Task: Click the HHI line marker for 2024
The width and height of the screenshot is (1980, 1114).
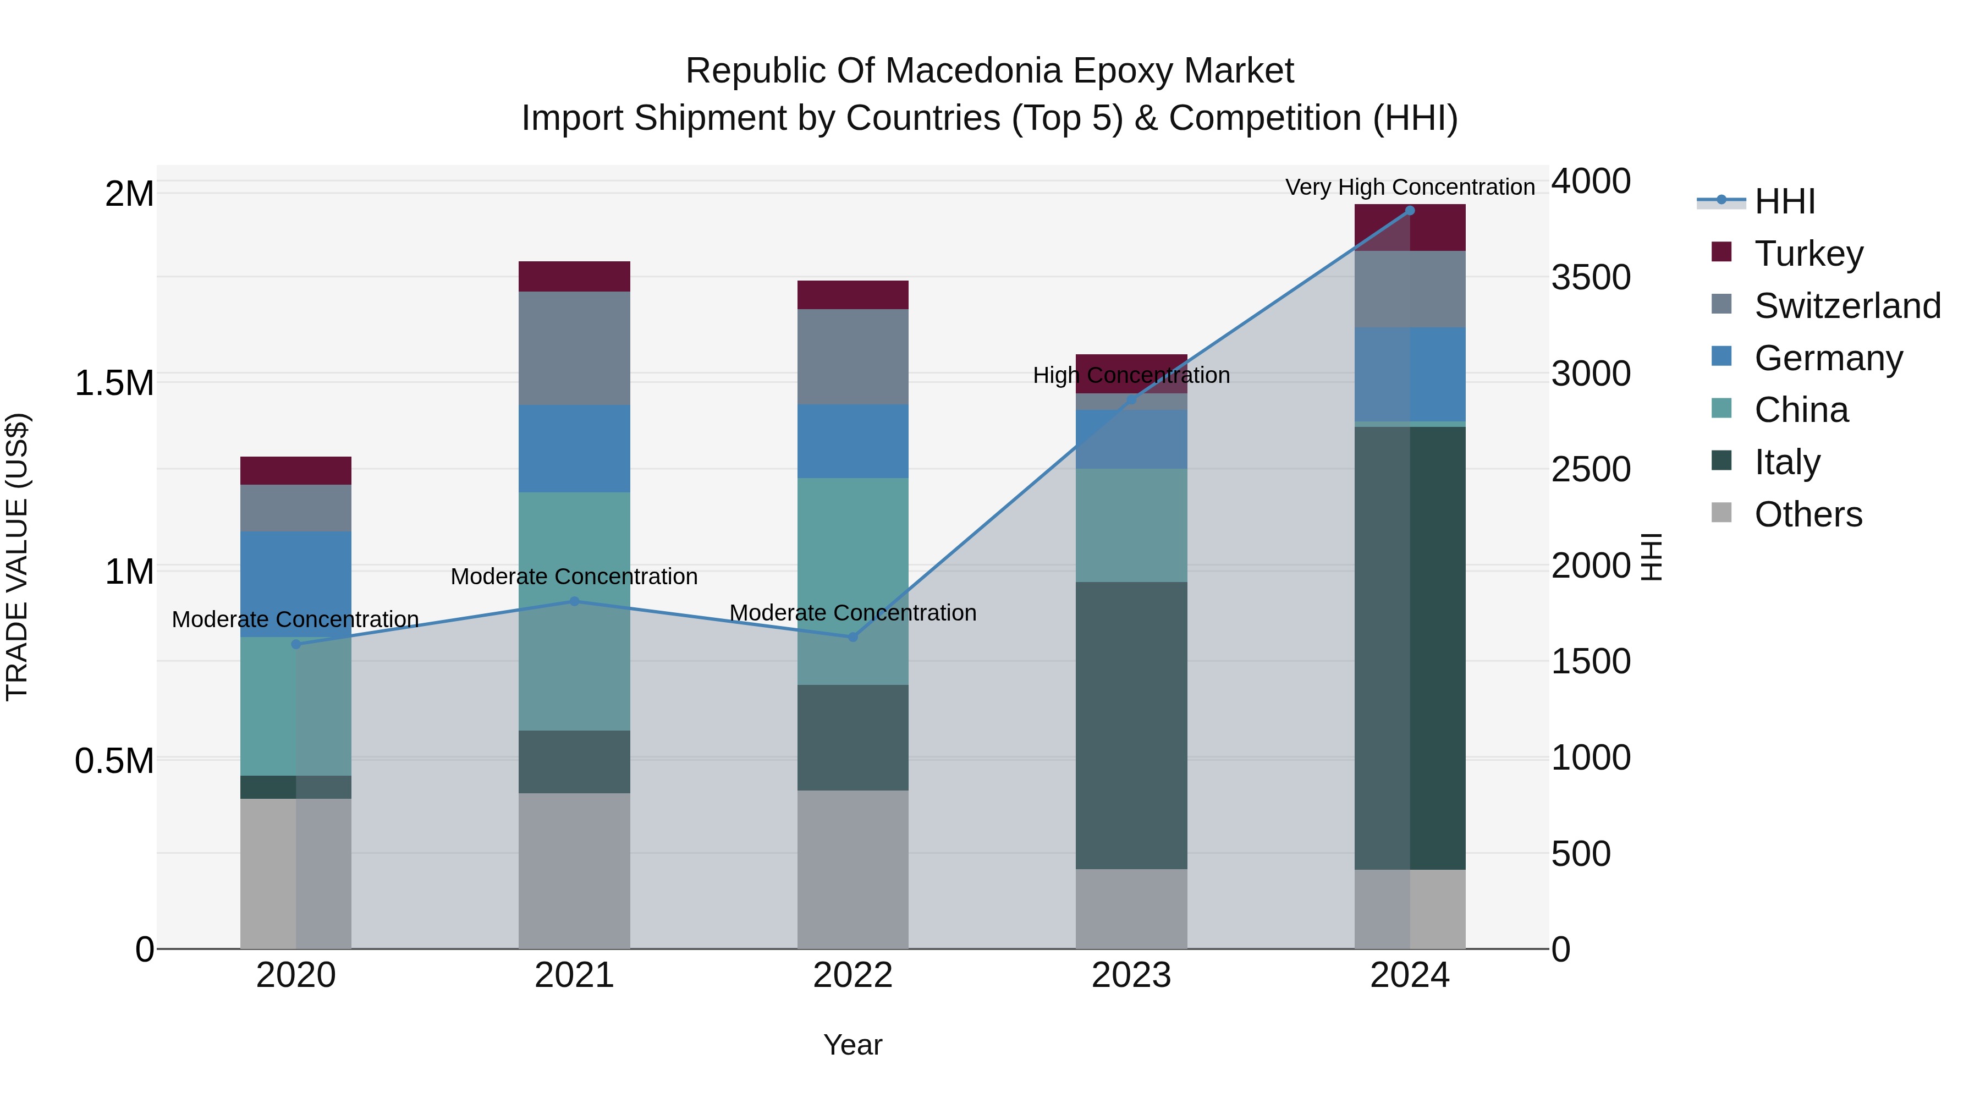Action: [1410, 211]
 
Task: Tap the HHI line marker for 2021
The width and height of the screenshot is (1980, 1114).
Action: [574, 601]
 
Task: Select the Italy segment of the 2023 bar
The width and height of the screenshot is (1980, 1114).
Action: [1131, 725]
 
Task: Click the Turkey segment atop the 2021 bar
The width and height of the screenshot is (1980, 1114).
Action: [574, 276]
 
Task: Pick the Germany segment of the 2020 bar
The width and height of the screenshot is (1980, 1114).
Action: [296, 584]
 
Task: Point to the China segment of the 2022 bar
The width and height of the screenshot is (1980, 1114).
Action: [853, 581]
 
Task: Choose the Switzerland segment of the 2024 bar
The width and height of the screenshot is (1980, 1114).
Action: [1410, 289]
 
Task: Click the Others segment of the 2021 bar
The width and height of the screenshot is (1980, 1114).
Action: [574, 870]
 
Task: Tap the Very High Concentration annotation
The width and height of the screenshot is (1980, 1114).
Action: [1410, 187]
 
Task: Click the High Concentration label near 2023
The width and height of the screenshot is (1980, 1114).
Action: [1131, 375]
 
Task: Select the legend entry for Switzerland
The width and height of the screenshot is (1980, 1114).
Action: [1847, 306]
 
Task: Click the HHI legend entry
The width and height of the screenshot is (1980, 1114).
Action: [1783, 201]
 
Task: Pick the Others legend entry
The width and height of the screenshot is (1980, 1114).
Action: [1808, 514]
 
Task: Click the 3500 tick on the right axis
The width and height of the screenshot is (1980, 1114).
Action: [1590, 278]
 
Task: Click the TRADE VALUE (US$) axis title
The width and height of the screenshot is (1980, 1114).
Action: [17, 557]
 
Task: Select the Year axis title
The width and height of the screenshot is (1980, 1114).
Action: [853, 1045]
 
